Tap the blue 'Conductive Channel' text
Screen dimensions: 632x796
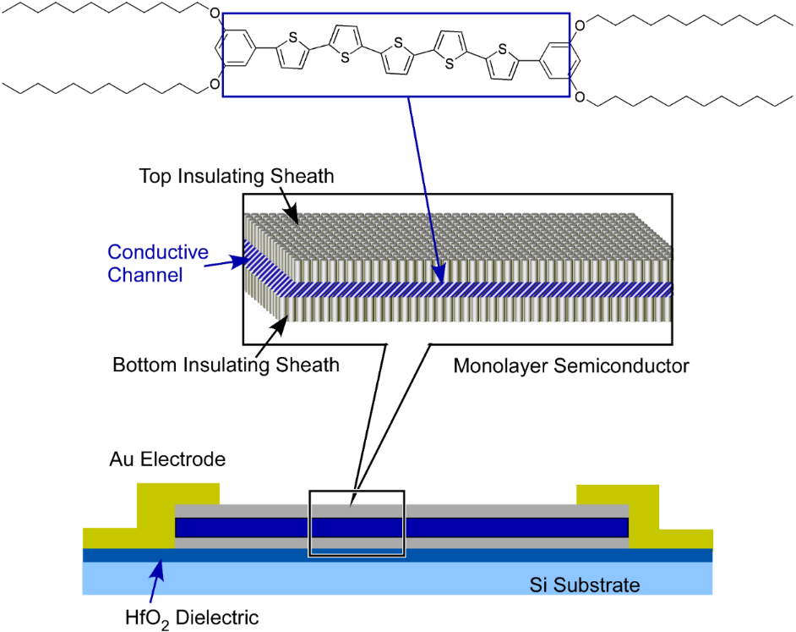click(158, 263)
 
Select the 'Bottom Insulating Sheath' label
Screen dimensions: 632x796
click(226, 365)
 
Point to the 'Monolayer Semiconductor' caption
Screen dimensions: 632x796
click(571, 366)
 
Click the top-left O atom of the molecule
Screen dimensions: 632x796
click(212, 14)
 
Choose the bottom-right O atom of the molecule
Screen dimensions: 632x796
click(579, 98)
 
